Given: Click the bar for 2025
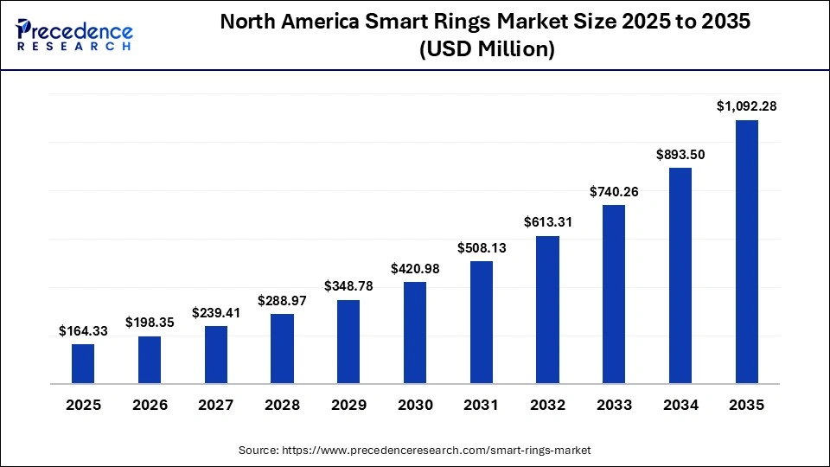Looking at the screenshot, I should pos(83,363).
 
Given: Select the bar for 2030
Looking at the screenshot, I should pos(415,332).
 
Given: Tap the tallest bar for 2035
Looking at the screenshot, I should pos(746,252).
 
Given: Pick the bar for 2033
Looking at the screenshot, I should pos(614,294).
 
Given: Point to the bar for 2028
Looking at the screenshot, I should pos(282,349).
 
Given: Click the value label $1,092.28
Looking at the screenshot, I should pos(746,106).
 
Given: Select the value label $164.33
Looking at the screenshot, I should pos(83,330).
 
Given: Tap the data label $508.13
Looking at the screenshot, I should pos(482,247).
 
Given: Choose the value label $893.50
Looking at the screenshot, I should pos(680,154).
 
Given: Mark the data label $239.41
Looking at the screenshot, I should pos(216,312).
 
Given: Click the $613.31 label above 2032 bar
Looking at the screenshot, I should pos(547,222).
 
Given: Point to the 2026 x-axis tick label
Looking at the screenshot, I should pos(150,405).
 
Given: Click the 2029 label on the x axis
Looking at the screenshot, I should pos(348,405).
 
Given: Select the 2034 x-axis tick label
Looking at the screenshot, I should pos(680,405).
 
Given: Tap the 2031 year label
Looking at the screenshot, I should pos(482,405).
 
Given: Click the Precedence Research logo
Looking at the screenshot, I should pos(74,35).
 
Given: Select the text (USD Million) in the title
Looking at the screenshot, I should pos(486,50).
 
